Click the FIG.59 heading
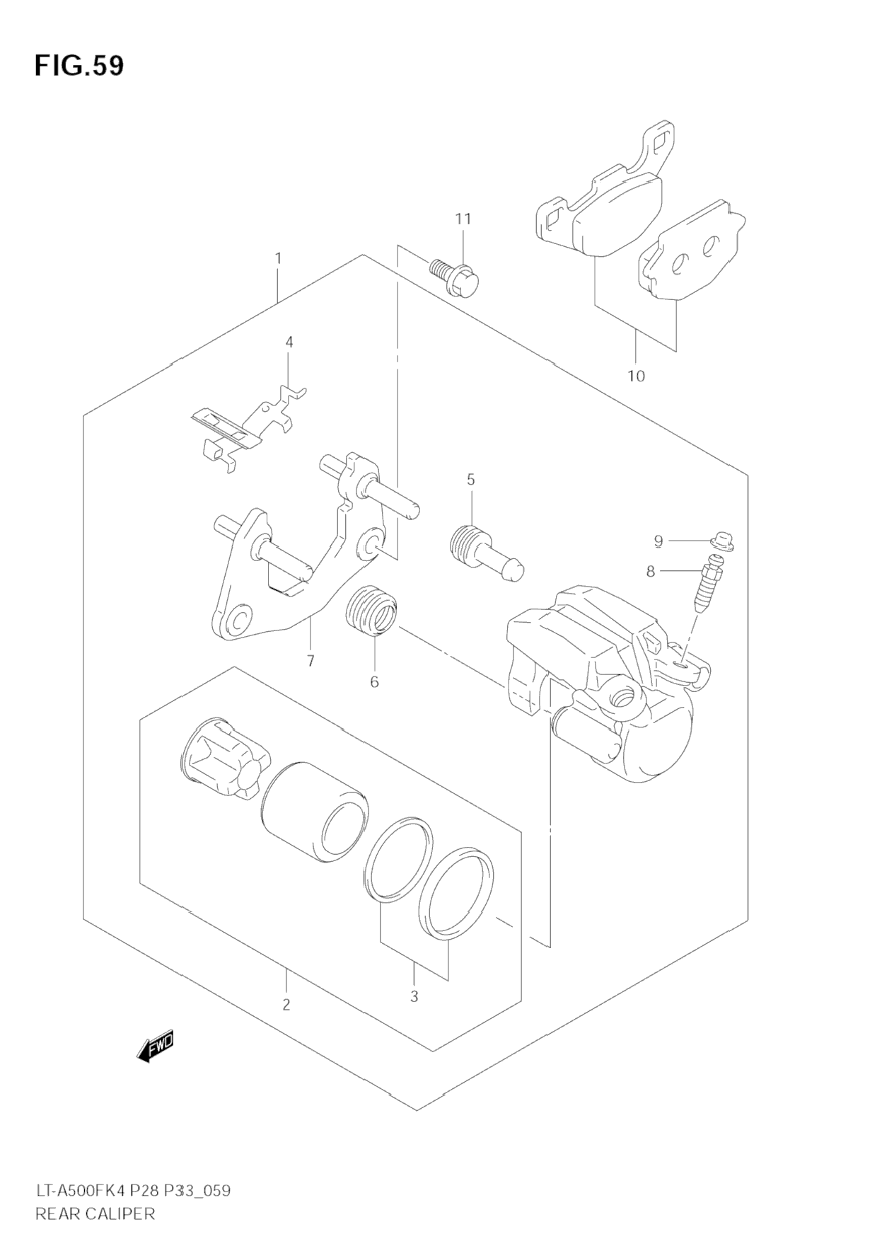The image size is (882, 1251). coord(79,65)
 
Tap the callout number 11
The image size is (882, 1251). coord(463,219)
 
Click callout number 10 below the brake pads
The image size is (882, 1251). coord(636,376)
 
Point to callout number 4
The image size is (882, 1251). coord(289,342)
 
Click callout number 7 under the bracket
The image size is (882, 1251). coord(310,661)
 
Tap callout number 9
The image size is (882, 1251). coord(658,541)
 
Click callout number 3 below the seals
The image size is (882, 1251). coord(414,996)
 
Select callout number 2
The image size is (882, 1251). coord(286,1004)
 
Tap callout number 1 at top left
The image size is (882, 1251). coord(278,258)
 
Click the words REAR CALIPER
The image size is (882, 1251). coord(95,1213)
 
